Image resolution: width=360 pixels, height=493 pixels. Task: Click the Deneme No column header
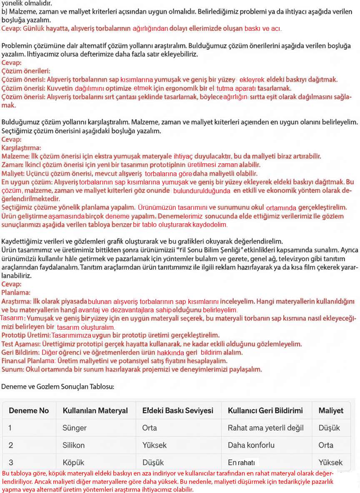[29, 411]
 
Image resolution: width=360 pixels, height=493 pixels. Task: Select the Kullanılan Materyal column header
[95, 411]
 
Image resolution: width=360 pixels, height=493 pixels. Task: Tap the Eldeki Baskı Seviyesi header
[177, 411]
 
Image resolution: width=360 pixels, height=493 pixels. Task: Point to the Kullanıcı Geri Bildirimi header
[265, 411]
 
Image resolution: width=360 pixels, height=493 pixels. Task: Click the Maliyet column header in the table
[331, 411]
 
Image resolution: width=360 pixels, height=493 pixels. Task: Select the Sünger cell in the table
[75, 428]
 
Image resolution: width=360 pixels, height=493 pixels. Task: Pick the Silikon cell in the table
[73, 445]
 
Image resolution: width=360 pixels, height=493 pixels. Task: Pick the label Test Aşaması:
[21, 344]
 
